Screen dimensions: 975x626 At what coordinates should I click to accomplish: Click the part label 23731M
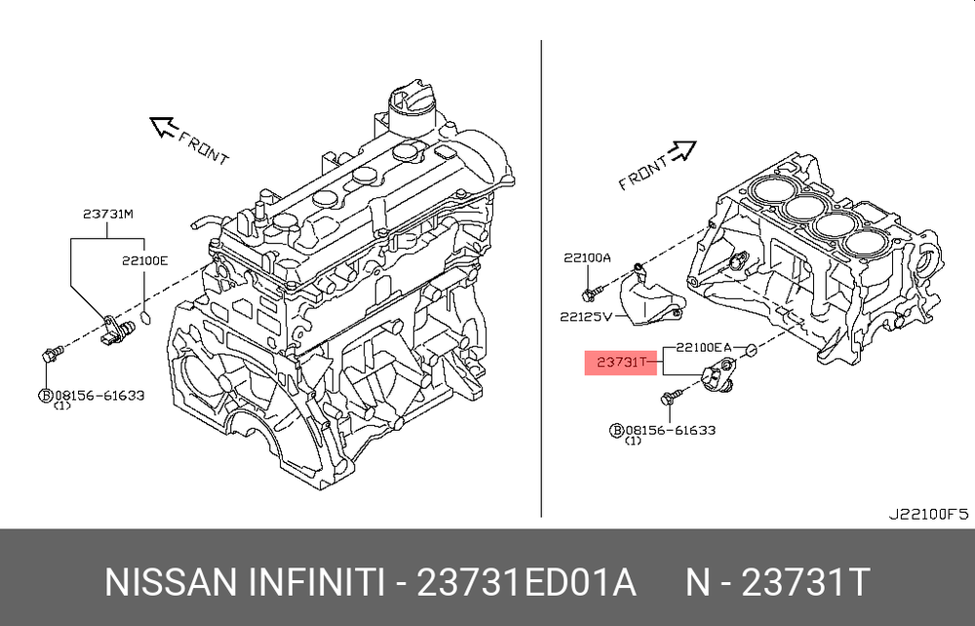pyautogui.click(x=108, y=215)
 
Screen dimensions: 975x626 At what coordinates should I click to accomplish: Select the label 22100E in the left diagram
pyautogui.click(x=144, y=261)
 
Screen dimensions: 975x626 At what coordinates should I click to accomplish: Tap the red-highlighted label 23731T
pyautogui.click(x=621, y=363)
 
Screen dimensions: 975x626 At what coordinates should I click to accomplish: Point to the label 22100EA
pyautogui.click(x=703, y=347)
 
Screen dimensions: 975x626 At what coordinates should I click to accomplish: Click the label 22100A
pyautogui.click(x=588, y=258)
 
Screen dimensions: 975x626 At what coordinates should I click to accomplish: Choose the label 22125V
pyautogui.click(x=586, y=317)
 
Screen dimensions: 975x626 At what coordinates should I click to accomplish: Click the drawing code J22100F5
pyautogui.click(x=928, y=514)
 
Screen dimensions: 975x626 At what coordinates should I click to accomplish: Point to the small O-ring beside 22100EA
pyautogui.click(x=751, y=350)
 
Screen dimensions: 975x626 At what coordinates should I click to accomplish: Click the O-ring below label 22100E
pyautogui.click(x=145, y=318)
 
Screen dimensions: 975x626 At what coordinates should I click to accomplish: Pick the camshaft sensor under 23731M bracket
pyautogui.click(x=118, y=329)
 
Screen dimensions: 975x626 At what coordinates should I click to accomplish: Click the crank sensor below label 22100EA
pyautogui.click(x=718, y=376)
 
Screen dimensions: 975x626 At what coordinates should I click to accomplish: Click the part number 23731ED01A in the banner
pyautogui.click(x=526, y=582)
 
